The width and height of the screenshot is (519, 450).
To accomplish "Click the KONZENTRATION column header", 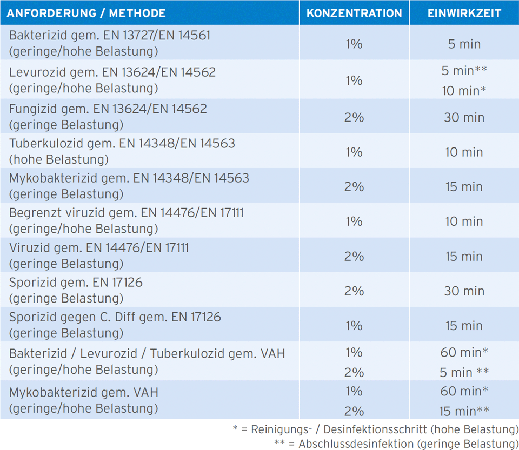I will (x=354, y=13).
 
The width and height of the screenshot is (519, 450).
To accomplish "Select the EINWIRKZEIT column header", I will (x=464, y=13).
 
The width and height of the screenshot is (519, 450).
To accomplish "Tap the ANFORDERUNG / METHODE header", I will (x=86, y=13).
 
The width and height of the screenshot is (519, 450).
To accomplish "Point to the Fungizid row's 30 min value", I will (x=464, y=117).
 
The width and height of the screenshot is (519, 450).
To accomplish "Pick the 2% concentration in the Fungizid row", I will (x=354, y=117).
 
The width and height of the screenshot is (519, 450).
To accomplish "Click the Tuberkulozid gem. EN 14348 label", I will (x=122, y=144).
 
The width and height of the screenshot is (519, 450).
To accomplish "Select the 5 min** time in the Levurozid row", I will (x=464, y=70).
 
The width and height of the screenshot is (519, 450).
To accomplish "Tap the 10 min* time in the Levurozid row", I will (x=464, y=91).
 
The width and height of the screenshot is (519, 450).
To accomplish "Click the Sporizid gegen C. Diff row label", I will (x=115, y=317).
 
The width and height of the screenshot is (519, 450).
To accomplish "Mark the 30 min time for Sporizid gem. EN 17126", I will (x=464, y=291).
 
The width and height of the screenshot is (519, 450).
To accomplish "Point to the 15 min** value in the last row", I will (x=464, y=411).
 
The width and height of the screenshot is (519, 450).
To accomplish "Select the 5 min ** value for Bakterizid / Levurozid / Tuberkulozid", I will (x=464, y=372).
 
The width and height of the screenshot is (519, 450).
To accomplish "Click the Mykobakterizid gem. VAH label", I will (x=84, y=392).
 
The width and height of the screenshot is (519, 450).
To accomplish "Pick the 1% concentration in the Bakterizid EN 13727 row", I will (x=354, y=44).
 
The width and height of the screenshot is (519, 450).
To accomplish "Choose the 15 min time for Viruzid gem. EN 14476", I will (x=464, y=256).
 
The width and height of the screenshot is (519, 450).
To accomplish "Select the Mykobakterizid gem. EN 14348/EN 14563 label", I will (x=129, y=178).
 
